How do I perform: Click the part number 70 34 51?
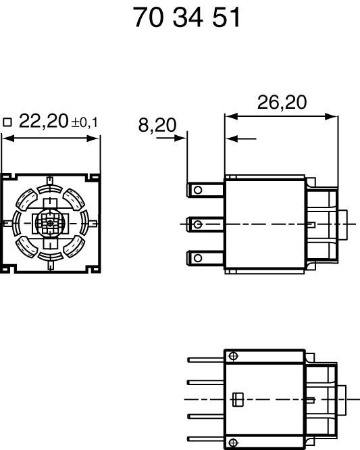[186, 18]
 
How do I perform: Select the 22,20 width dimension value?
[44, 121]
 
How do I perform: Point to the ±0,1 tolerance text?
[84, 123]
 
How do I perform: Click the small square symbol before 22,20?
[7, 122]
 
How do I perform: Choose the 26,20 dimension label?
[282, 103]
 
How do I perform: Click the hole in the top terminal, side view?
[197, 191]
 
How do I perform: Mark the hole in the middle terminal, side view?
[197, 224]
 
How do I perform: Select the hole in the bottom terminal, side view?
[197, 257]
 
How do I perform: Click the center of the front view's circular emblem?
[50, 223]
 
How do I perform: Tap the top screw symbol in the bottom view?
[233, 356]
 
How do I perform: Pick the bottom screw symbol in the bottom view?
[233, 443]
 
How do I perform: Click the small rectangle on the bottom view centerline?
[236, 399]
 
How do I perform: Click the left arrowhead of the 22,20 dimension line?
[4, 138]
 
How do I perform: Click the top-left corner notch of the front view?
[5, 177]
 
